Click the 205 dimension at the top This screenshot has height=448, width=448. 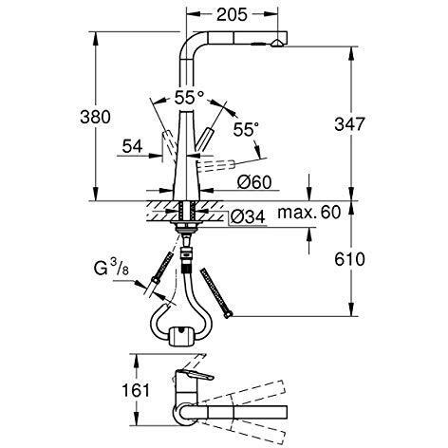point(232,14)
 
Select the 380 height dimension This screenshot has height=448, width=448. point(95,117)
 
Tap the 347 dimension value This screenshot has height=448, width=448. point(349,124)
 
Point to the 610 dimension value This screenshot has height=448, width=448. point(349,259)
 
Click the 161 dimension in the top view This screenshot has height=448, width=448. point(136,390)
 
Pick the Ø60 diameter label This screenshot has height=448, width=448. point(254,182)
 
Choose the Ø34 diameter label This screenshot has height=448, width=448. point(248,217)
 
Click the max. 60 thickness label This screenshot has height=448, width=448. point(309,213)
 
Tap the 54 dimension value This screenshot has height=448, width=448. point(133,146)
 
